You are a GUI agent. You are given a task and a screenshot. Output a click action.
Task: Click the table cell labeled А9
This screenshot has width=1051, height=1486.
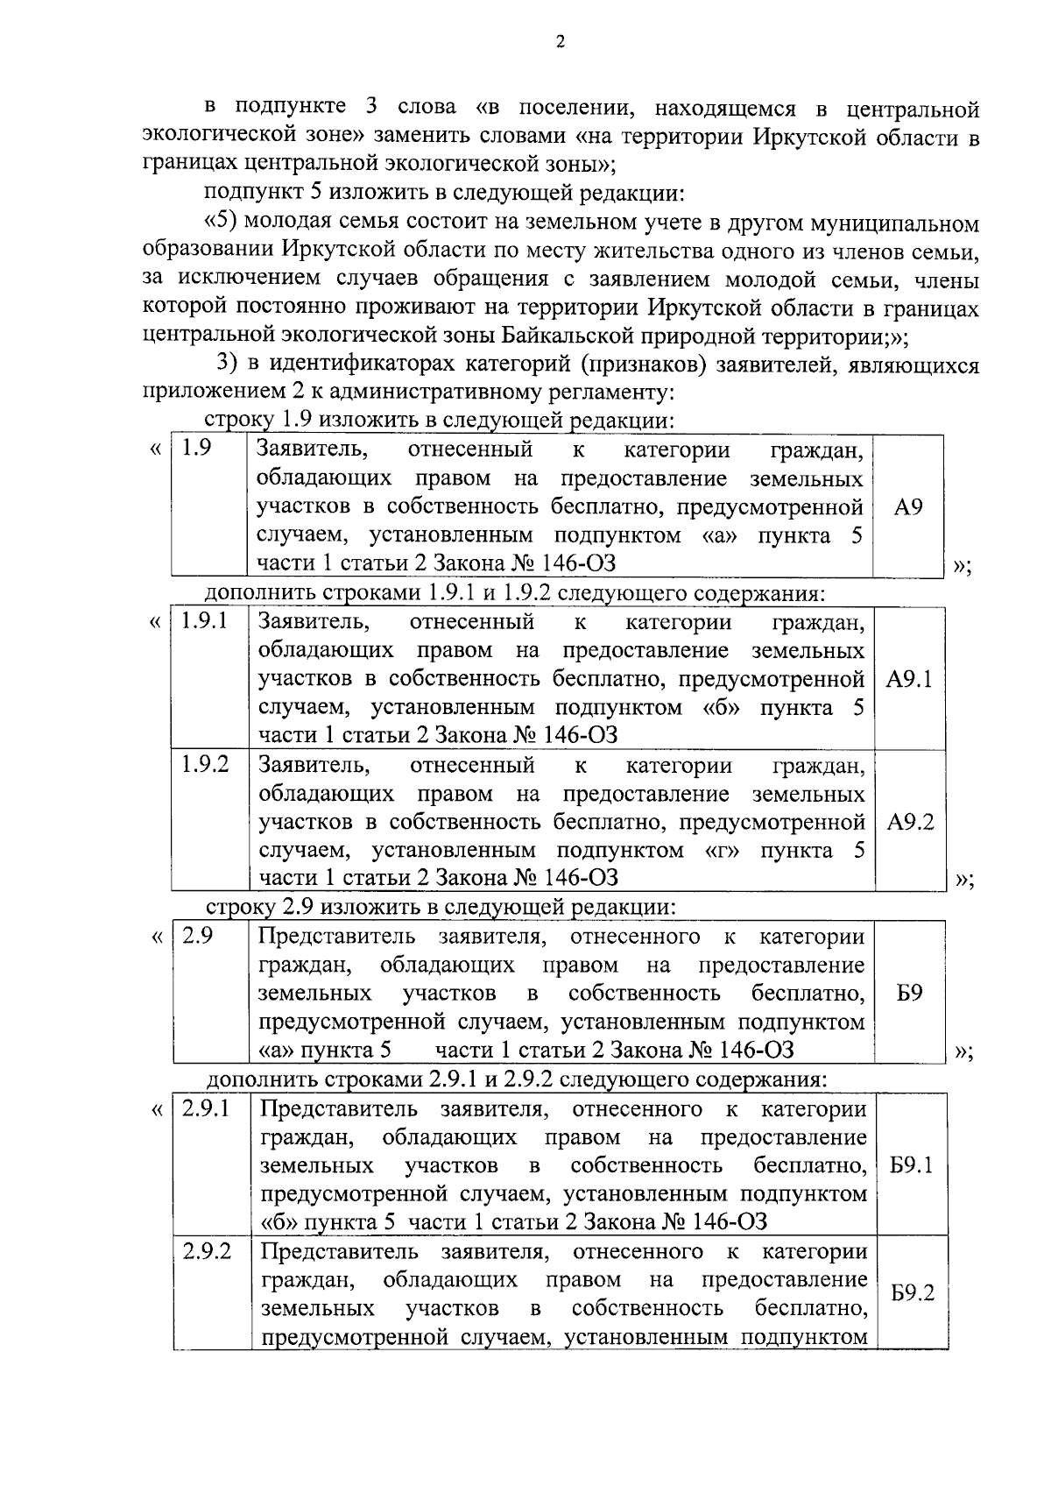pos(909,507)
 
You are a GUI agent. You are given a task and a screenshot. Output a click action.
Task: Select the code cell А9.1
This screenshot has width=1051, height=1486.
pos(909,679)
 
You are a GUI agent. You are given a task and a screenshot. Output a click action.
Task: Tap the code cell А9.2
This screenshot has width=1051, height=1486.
pos(910,822)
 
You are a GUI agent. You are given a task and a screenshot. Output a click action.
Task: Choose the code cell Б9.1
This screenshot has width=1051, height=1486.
pos(911,1165)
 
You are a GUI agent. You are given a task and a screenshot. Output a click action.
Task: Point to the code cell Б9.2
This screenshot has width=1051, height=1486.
pos(912,1293)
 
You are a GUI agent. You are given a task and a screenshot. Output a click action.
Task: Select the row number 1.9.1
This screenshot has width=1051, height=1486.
pos(204,622)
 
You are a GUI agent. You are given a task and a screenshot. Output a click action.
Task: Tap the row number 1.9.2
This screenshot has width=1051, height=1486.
pos(205,765)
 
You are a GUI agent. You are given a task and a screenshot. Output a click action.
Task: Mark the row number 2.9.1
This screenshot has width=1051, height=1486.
pos(207,1108)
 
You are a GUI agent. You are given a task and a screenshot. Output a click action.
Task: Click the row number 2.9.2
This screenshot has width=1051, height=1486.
pos(208,1251)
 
